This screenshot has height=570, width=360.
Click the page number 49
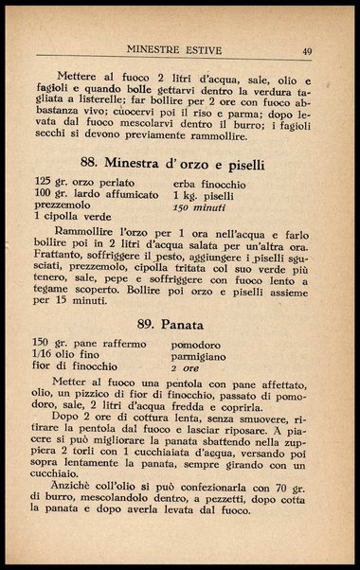(309, 50)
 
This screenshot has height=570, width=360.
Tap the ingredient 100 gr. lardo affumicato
(95, 193)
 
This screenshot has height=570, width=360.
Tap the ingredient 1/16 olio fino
(74, 353)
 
